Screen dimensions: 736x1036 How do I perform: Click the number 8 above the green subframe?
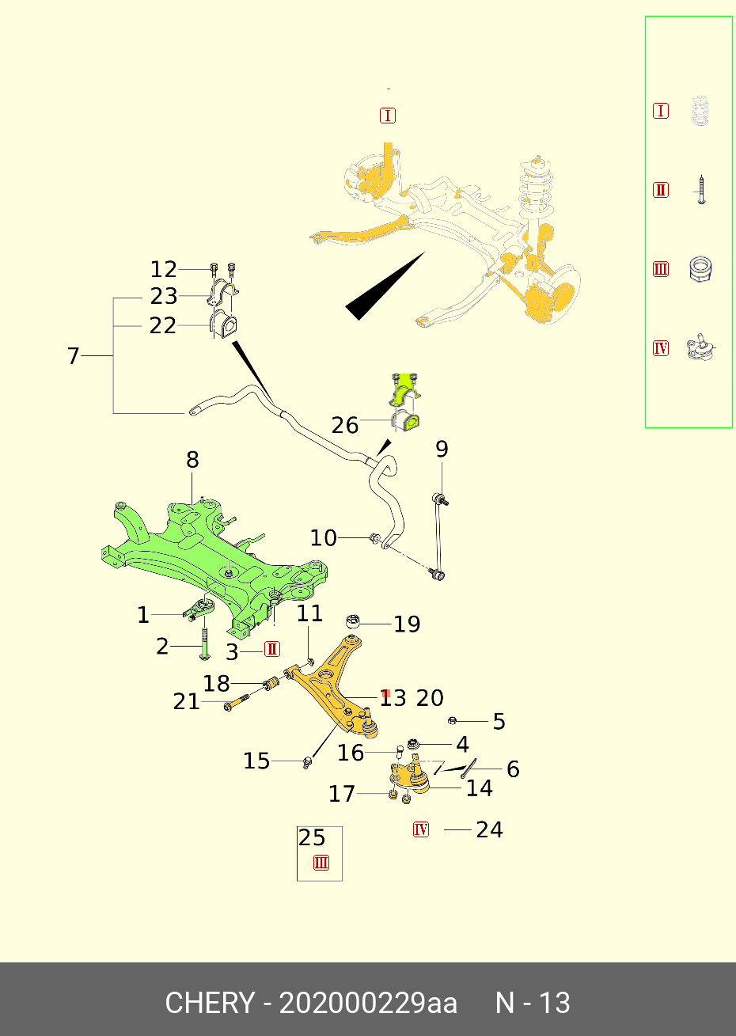pyautogui.click(x=192, y=460)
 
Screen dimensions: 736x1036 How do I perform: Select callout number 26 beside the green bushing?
pyautogui.click(x=345, y=426)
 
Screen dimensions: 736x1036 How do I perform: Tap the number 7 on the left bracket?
pyautogui.click(x=74, y=357)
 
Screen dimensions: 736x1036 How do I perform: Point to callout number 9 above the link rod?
pyautogui.click(x=442, y=450)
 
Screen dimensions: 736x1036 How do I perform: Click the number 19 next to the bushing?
pyautogui.click(x=407, y=624)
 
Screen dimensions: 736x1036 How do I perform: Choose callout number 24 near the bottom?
pyautogui.click(x=489, y=829)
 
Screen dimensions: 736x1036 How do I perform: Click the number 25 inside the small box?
pyautogui.click(x=312, y=838)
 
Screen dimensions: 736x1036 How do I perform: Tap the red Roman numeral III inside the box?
pyautogui.click(x=321, y=863)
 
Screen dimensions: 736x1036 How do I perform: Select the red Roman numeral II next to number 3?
pyautogui.click(x=271, y=650)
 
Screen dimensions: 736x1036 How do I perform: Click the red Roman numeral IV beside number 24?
pyautogui.click(x=421, y=829)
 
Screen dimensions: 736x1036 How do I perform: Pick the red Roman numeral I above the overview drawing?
pyautogui.click(x=388, y=116)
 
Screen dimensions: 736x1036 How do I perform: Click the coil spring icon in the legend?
pyautogui.click(x=700, y=112)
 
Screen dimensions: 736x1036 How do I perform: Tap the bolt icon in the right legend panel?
pyautogui.click(x=700, y=190)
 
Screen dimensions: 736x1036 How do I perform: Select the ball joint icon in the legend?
pyautogui.click(x=700, y=348)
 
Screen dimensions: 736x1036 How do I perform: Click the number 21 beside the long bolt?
pyautogui.click(x=187, y=701)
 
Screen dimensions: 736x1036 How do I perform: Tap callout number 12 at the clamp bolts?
pyautogui.click(x=164, y=270)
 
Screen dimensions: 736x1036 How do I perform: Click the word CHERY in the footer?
pyautogui.click(x=210, y=1003)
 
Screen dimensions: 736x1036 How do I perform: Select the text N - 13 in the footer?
pyautogui.click(x=532, y=1003)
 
